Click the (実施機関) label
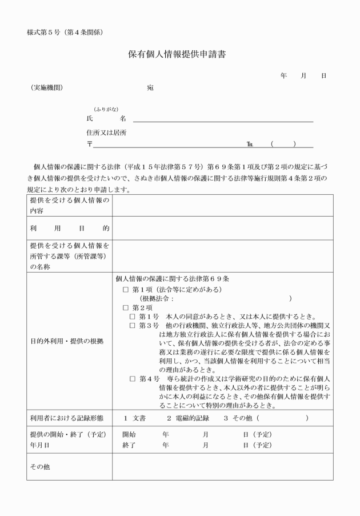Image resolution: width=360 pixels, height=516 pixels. [47, 88]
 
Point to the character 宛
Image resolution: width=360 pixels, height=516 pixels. [150, 88]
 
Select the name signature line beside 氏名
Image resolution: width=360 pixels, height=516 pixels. [223, 121]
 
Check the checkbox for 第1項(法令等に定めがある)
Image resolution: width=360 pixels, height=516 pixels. [126, 290]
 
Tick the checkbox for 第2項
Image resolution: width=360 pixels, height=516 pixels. [126, 307]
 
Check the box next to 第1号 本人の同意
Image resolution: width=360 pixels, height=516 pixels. [133, 317]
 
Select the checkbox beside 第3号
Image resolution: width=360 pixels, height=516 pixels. [133, 326]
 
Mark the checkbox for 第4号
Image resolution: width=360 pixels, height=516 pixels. [133, 379]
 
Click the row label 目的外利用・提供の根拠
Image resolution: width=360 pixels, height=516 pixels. [67, 342]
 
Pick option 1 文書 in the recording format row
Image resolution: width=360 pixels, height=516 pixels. [135, 418]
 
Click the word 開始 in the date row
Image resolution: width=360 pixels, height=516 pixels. [129, 435]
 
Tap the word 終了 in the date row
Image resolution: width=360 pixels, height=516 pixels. [129, 444]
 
